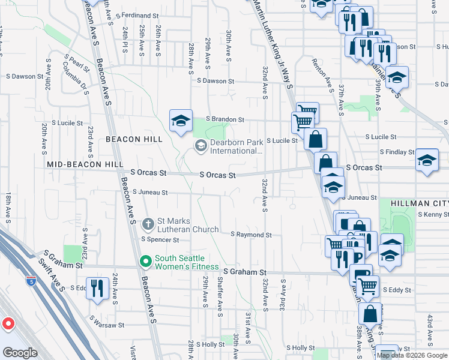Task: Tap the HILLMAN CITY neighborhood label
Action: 420,203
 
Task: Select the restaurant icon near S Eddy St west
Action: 96,287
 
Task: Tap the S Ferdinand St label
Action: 137,14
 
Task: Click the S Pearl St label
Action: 79,62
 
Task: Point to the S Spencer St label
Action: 160,239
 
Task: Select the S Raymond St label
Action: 252,235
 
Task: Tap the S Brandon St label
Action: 225,119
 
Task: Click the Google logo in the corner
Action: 20,352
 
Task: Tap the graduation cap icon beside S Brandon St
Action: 181,121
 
